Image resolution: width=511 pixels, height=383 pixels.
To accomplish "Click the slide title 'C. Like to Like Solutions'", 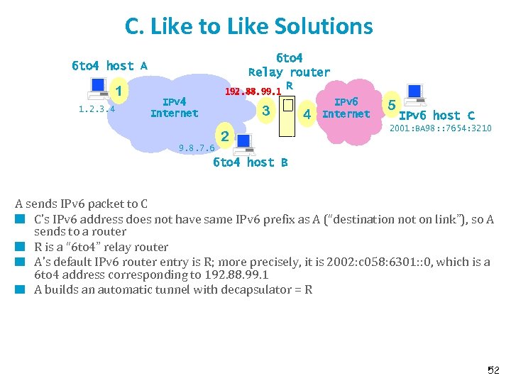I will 248,26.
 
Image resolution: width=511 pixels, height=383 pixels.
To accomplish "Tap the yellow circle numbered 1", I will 120,91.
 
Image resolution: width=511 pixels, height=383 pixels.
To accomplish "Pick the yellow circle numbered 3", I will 265,111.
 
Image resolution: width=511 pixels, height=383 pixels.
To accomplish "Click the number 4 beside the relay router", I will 307,113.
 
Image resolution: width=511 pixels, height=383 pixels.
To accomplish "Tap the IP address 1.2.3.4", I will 97,109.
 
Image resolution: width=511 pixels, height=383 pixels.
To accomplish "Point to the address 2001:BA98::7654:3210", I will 440,128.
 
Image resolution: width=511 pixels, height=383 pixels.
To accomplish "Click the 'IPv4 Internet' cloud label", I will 175,107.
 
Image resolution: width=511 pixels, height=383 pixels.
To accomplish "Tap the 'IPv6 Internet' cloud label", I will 346,108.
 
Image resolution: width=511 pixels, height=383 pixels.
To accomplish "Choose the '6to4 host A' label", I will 109,66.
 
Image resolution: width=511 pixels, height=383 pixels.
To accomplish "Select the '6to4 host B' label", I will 250,162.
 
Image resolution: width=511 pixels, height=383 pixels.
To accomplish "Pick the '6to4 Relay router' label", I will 289,65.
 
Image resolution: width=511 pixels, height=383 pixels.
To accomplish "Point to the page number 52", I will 493,370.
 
